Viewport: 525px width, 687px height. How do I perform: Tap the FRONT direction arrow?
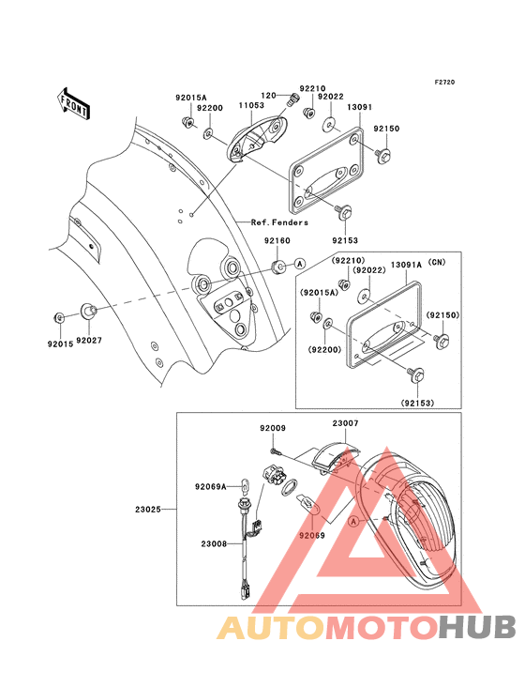click(x=74, y=101)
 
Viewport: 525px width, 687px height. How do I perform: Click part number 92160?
click(x=275, y=240)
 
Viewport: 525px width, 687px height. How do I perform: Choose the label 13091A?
click(x=405, y=266)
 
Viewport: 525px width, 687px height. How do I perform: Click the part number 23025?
click(x=148, y=510)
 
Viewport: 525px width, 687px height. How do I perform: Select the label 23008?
click(x=213, y=542)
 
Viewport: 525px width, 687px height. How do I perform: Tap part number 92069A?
click(x=211, y=486)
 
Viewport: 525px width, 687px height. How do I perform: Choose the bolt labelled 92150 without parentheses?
click(x=383, y=153)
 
